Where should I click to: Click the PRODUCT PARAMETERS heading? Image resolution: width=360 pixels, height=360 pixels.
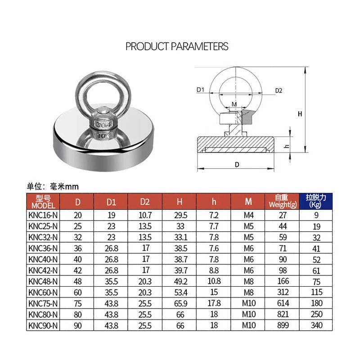[x=177, y=46]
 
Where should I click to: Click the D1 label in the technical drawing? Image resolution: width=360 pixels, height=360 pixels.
[x=201, y=90]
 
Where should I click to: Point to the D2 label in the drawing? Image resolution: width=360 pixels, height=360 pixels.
[x=279, y=90]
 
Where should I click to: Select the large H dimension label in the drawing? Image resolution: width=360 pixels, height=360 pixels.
[x=300, y=114]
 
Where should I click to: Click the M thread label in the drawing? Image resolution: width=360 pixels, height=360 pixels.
[x=234, y=104]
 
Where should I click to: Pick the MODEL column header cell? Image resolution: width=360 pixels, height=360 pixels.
[x=43, y=202]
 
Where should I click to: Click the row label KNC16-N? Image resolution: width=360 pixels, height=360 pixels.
[x=43, y=216]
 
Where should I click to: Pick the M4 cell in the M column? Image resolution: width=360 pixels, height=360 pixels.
[x=248, y=216]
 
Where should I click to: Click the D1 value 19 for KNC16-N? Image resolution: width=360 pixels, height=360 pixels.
[x=111, y=216]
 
